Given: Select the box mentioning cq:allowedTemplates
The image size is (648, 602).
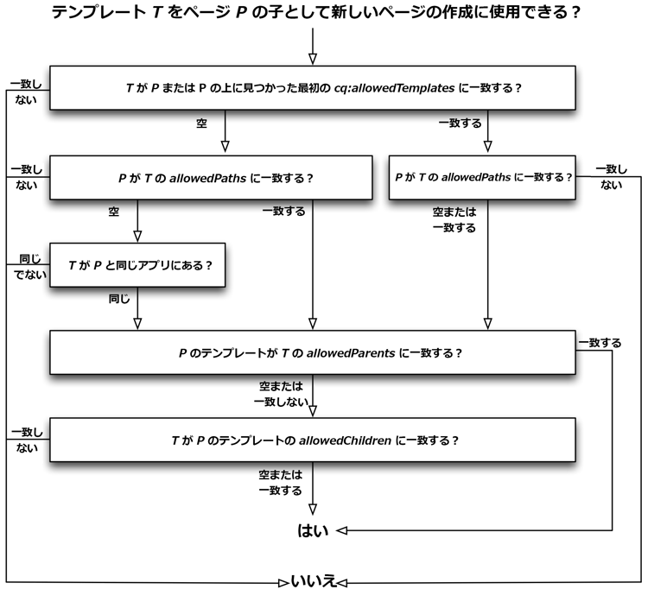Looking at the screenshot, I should coord(312,88).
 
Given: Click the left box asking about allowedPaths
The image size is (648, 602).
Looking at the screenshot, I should coord(211,177).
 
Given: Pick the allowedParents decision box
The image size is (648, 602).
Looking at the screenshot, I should coord(312,352).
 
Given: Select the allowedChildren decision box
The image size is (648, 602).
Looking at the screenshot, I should coord(312,439).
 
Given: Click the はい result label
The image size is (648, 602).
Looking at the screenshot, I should coord(314,531).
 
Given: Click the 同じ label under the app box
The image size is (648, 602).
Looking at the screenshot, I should coord(119,298).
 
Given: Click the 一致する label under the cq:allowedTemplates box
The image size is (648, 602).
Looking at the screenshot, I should coord(460,124).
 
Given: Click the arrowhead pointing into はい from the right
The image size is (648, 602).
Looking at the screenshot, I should coord(342,530).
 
